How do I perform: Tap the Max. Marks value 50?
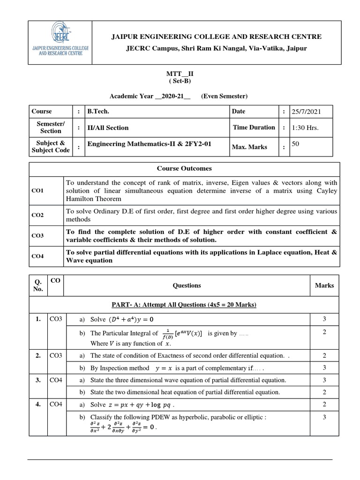point(296,144)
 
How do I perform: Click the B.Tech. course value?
point(98,112)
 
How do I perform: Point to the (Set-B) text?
point(180,81)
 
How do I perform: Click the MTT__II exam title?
point(180,74)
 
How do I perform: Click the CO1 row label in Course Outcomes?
point(37,191)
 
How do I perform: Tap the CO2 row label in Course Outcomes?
point(37,215)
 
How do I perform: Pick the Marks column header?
point(324,285)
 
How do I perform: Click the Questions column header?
point(187,285)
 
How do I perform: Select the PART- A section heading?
point(183,305)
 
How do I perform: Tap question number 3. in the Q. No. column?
point(38,380)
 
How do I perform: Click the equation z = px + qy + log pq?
point(141,405)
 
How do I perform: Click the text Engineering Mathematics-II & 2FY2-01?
point(150,144)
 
